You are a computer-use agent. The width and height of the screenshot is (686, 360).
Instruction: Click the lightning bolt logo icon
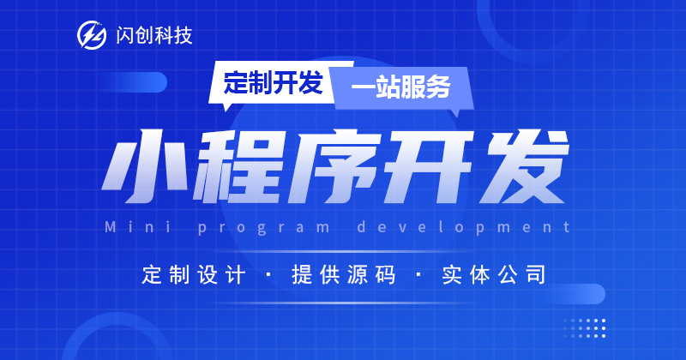pos(92,35)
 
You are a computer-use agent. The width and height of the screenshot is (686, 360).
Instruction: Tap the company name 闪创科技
pos(154,35)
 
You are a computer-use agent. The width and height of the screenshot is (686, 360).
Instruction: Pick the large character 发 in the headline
pos(523,166)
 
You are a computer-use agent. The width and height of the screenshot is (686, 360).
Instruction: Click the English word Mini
pos(138,227)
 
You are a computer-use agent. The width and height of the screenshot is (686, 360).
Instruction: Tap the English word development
pos(464,227)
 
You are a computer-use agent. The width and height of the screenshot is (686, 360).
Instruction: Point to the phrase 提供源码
pos(344,275)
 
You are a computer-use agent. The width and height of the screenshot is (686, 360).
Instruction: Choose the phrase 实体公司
pos(494,275)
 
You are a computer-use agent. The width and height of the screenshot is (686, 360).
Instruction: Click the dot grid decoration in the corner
pos(585,328)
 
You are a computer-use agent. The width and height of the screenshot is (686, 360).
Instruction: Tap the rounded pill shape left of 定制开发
pos(132,82)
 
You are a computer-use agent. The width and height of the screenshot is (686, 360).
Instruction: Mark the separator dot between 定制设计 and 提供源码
pos(268,274)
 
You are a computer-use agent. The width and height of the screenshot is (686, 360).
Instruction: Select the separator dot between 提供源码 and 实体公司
pos(418,274)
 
